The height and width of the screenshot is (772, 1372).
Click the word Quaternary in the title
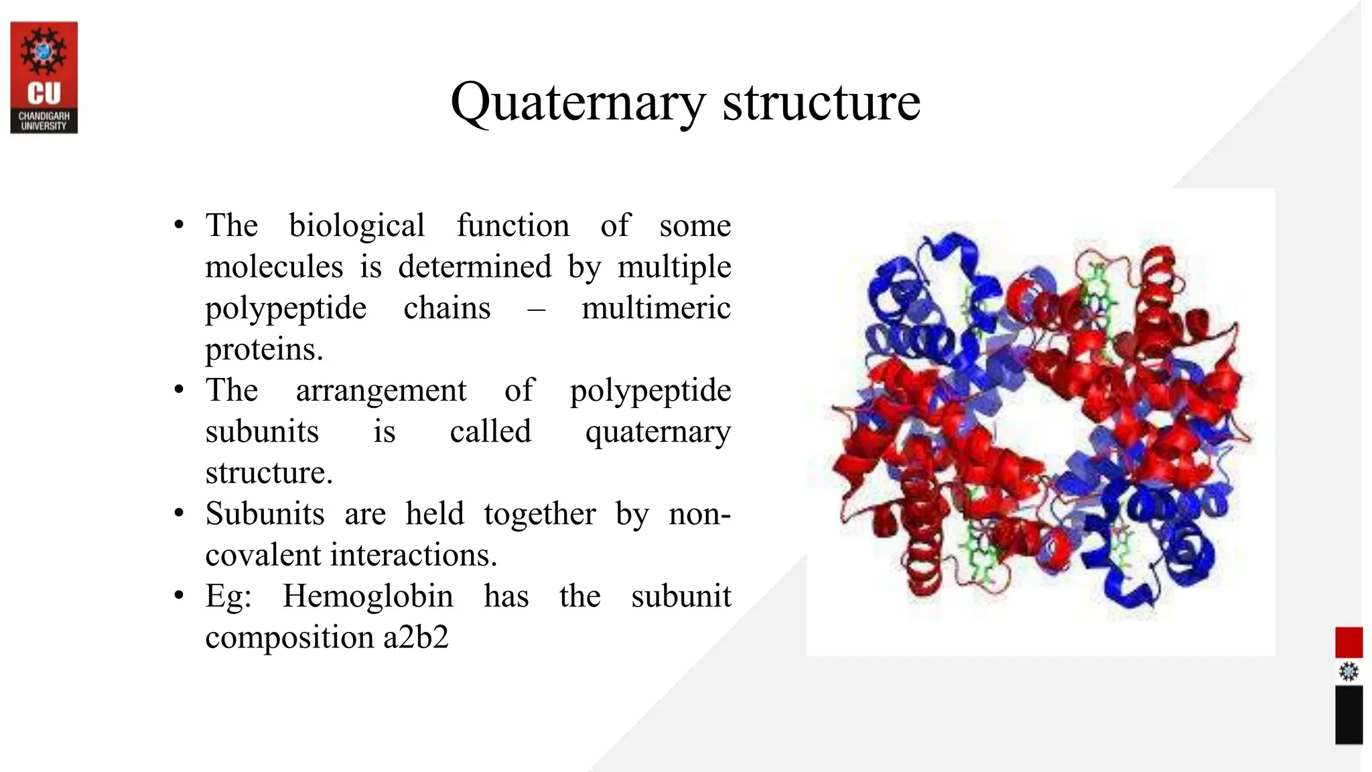[578, 103]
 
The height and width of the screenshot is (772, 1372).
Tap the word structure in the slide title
[821, 103]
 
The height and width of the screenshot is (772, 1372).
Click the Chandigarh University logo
[44, 77]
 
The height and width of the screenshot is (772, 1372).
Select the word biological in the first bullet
[356, 226]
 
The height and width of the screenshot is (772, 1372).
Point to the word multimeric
[656, 308]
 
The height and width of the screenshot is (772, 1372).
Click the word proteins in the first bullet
[264, 350]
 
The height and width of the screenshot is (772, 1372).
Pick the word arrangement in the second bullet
[381, 391]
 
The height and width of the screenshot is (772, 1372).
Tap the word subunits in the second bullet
[262, 432]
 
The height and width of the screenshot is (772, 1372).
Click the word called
[490, 432]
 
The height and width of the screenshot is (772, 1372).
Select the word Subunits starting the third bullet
[265, 514]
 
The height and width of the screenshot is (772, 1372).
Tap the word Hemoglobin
[367, 596]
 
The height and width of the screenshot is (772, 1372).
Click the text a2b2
[415, 637]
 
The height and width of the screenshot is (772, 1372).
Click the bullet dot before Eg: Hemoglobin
[179, 596]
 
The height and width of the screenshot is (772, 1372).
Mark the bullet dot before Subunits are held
[179, 513]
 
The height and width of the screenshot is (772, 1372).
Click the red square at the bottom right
[1349, 642]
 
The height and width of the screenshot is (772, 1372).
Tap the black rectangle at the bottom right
[1349, 714]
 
